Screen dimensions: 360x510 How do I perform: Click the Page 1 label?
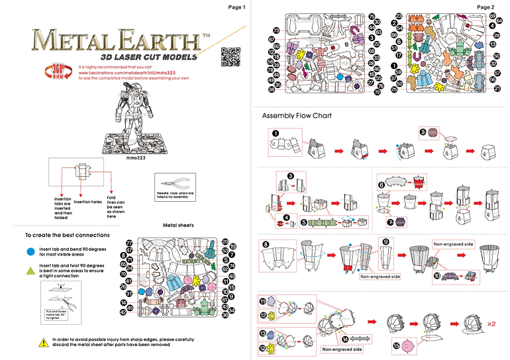click(236, 7)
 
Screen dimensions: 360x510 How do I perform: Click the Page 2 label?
click(485, 7)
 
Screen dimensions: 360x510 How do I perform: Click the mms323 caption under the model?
click(135, 159)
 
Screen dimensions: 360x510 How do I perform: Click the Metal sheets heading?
click(178, 226)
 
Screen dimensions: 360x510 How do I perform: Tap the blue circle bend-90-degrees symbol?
click(30, 252)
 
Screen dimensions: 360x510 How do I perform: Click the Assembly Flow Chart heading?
click(296, 116)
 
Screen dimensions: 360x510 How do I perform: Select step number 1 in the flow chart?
click(274, 132)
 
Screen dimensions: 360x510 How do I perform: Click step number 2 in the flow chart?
click(423, 132)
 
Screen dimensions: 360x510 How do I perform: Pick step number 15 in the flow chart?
click(397, 345)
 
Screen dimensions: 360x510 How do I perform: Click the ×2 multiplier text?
click(491, 325)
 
